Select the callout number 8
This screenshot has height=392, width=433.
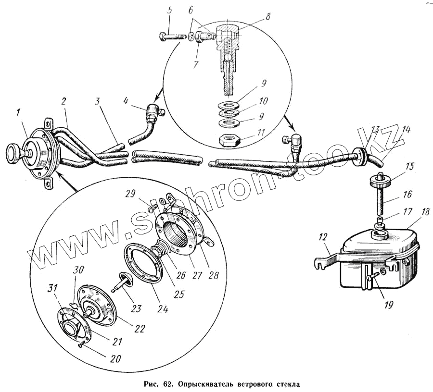(268, 16)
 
